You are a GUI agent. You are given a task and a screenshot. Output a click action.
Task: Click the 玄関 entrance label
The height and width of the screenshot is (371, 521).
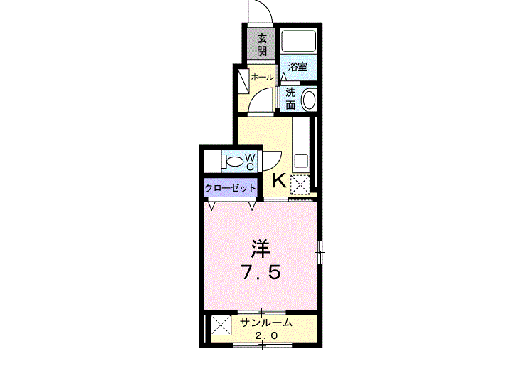(262, 44)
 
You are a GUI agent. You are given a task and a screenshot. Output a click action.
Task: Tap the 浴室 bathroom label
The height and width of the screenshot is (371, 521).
(298, 68)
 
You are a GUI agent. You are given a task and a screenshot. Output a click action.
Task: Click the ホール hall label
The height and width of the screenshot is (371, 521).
(261, 77)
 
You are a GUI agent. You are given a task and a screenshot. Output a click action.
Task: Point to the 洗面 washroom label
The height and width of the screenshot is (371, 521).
(290, 98)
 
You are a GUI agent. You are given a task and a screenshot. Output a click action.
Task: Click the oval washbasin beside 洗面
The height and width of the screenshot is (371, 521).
(309, 99)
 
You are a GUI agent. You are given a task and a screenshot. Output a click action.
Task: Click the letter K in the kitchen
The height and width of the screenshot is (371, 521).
(279, 181)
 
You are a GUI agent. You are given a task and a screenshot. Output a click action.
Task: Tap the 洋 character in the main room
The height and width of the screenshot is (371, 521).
(260, 249)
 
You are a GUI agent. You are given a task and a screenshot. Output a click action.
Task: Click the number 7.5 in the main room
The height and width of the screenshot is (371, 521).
(260, 272)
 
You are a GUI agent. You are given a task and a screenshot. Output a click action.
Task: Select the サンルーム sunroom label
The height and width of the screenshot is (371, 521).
(265, 323)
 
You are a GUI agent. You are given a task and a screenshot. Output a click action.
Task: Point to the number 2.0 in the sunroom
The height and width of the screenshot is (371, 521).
(265, 335)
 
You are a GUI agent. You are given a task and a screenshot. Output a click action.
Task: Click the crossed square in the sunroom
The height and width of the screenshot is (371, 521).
(220, 328)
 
